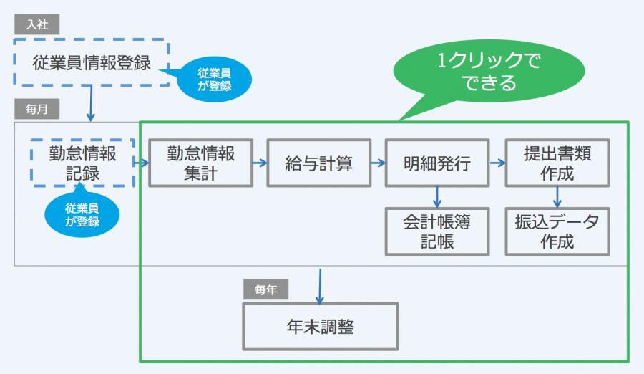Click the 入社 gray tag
(x=36, y=23)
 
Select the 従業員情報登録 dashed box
(x=92, y=62)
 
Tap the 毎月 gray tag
(x=36, y=110)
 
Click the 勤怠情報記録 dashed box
(x=82, y=163)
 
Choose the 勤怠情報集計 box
(x=200, y=163)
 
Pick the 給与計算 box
(x=318, y=163)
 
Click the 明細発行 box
(x=436, y=163)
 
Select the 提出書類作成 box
(x=557, y=163)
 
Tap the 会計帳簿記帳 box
(x=436, y=231)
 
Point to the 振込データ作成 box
(x=557, y=231)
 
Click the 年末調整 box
(x=320, y=327)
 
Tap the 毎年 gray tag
(x=266, y=289)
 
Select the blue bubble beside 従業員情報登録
(x=215, y=78)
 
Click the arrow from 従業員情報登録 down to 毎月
(x=91, y=103)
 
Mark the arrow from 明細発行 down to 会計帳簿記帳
(x=436, y=196)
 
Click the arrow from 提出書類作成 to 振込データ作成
(x=557, y=196)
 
